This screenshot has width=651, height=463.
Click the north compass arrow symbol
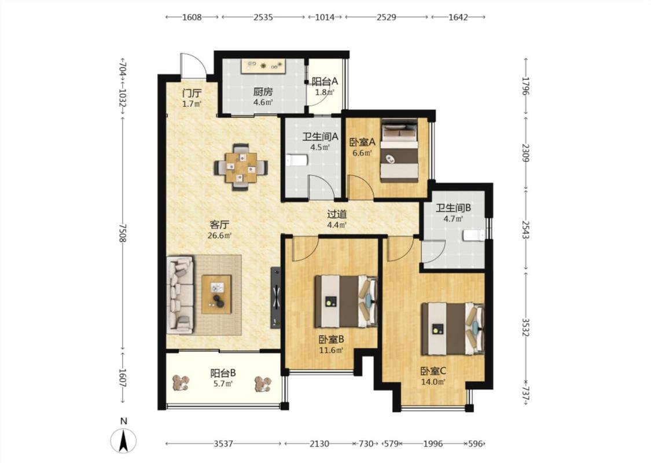[123, 440]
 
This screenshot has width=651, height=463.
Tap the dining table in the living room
[241, 167]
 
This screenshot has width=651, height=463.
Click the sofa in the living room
[180, 295]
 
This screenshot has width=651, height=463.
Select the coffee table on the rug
[216, 294]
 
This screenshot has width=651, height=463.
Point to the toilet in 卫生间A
[296, 161]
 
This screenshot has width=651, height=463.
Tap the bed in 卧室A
[399, 151]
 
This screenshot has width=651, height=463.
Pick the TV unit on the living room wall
[275, 297]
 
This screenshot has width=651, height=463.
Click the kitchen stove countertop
[263, 66]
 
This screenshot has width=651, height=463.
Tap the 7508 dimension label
[123, 233]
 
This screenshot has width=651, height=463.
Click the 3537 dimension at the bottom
[223, 444]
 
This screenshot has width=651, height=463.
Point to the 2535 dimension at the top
[263, 17]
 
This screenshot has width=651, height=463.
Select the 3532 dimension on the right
[525, 328]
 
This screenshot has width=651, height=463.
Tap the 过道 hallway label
[337, 214]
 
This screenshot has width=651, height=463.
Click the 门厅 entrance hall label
[192, 93]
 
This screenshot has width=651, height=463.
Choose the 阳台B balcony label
[223, 373]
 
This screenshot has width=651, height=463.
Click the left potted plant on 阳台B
[181, 383]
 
